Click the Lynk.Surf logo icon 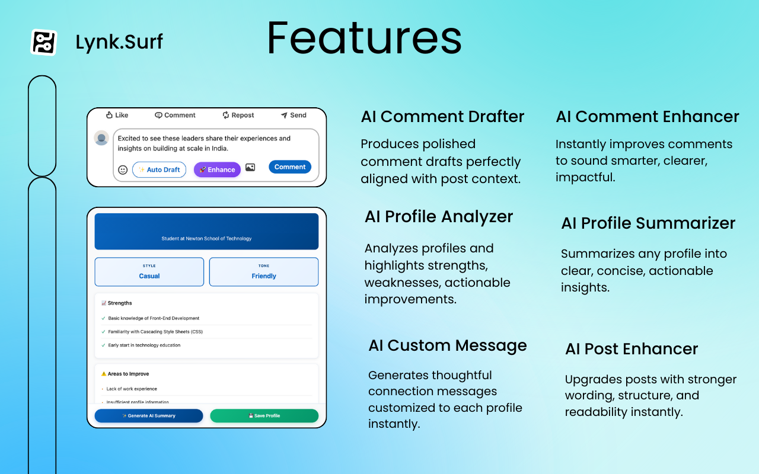pos(43,43)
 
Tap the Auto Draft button pos(159,170)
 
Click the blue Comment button pos(290,167)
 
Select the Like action pos(117,116)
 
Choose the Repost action pos(238,116)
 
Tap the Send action pos(294,116)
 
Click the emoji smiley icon pos(123,170)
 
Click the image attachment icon pos(250,168)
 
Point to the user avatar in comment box pos(101,138)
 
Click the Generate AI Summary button pos(149,416)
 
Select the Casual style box pos(149,272)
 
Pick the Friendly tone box pos(264,272)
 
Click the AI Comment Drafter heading pos(442,117)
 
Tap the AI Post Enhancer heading pos(632,349)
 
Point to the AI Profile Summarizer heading pos(648,223)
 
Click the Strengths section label pos(119,303)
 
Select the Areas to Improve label pos(127,374)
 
